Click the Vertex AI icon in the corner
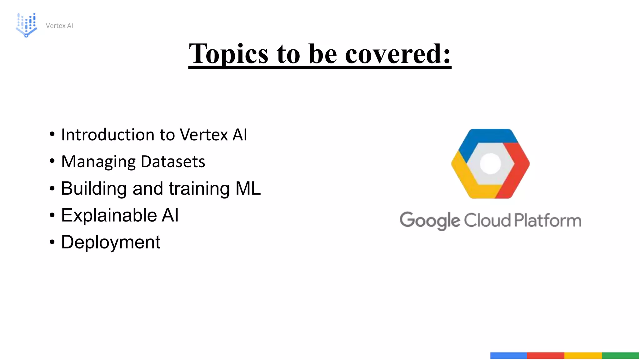[26, 25]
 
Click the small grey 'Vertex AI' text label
[59, 26]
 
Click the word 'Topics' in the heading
[228, 54]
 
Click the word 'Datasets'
[173, 162]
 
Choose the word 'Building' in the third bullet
[94, 188]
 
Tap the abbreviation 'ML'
[248, 188]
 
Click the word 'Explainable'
[109, 215]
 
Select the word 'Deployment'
[111, 242]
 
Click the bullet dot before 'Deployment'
[52, 242]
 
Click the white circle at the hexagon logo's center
[490, 163]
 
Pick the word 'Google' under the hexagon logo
[430, 221]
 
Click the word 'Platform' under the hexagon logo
[548, 220]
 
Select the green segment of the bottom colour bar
[620, 355]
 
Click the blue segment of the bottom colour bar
[508, 355]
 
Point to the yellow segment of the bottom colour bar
[583, 355]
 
